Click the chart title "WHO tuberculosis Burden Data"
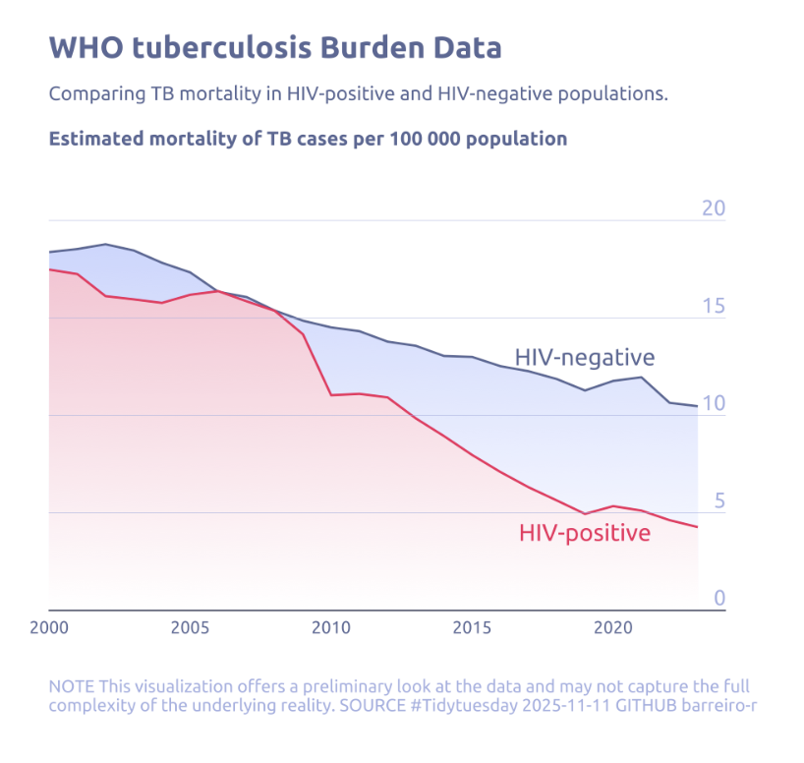pyautogui.click(x=275, y=48)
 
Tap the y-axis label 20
pyautogui.click(x=713, y=208)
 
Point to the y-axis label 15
pyautogui.click(x=713, y=306)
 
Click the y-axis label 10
pyautogui.click(x=713, y=403)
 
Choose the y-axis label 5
pyautogui.click(x=719, y=500)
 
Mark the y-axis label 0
pyautogui.click(x=719, y=598)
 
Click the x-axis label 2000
pyautogui.click(x=49, y=627)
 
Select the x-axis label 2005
pyautogui.click(x=190, y=627)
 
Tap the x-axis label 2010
pyautogui.click(x=331, y=627)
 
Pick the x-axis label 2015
pyautogui.click(x=473, y=627)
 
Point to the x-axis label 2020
pyautogui.click(x=613, y=627)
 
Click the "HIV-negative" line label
pyautogui.click(x=584, y=357)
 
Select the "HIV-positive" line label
pyautogui.click(x=584, y=534)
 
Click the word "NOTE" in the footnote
pyautogui.click(x=71, y=686)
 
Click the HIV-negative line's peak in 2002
pyautogui.click(x=105, y=244)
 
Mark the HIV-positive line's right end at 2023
pyautogui.click(x=698, y=528)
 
